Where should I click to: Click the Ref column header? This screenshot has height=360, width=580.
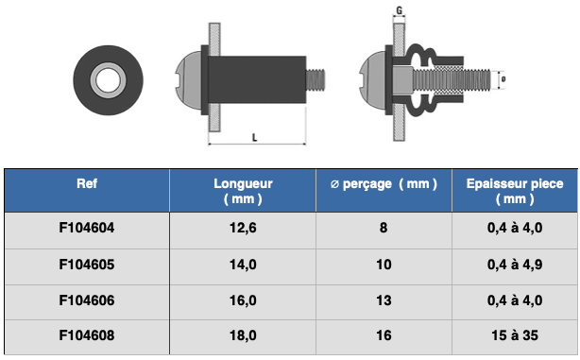coord(87,183)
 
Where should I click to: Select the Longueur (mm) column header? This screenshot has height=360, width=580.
coord(243,191)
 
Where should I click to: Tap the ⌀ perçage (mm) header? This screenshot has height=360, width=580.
coord(384,184)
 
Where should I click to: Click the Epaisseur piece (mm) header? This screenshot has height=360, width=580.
coord(515,191)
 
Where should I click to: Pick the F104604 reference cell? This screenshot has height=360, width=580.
coord(87,228)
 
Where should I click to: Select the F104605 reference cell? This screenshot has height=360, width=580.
coord(87,265)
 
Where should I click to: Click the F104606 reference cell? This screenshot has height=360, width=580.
coord(87,300)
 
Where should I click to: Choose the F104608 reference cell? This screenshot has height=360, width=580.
coord(87,335)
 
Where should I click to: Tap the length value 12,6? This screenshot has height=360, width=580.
coord(243,228)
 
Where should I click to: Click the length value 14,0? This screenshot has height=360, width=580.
coord(243,265)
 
